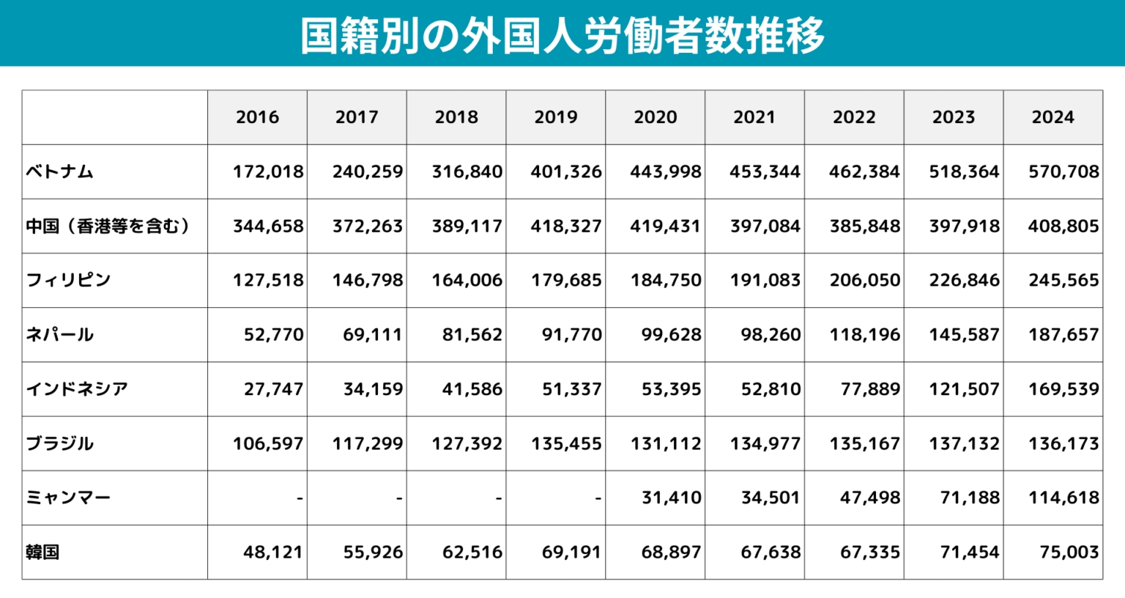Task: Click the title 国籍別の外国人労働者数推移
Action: coord(562,35)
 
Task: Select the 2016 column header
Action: coord(257,117)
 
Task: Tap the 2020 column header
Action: coord(655,117)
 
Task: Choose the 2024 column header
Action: coord(1052,117)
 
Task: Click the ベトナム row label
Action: coord(60,172)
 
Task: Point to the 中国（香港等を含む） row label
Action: coord(108,226)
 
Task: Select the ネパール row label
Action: coord(60,335)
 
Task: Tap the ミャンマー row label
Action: coord(68,498)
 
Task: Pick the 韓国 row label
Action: coord(42,553)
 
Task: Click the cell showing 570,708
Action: coord(1063,172)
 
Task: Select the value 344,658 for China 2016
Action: coord(268,226)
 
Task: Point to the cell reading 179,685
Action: coord(566,281)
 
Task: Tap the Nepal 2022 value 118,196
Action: coord(864,335)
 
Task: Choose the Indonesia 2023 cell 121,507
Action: coord(964,389)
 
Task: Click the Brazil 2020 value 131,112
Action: coord(666,444)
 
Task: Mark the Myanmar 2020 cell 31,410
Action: coord(671,498)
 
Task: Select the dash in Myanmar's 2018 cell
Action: coord(498,498)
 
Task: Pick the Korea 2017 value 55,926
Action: coord(373,553)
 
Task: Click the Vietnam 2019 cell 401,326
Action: coord(566,172)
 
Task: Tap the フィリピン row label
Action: coord(68,281)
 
